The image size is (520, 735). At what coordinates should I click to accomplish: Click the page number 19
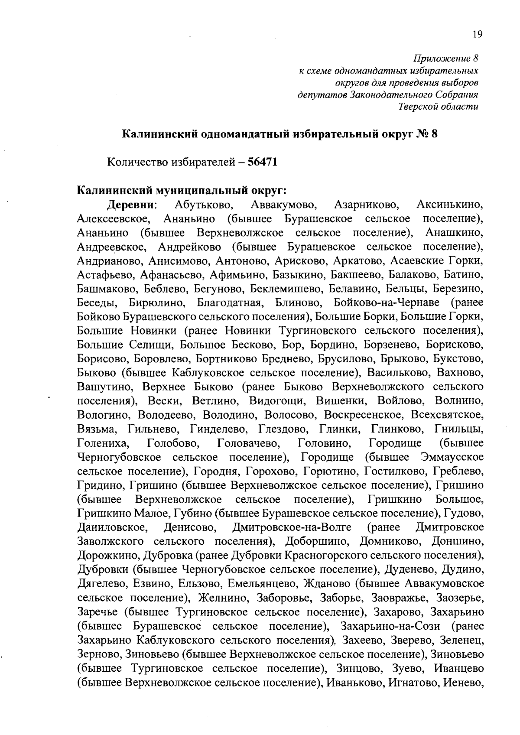click(477, 35)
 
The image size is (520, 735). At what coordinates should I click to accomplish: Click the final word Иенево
click(464, 683)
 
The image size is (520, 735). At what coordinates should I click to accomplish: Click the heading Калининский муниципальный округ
click(182, 191)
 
